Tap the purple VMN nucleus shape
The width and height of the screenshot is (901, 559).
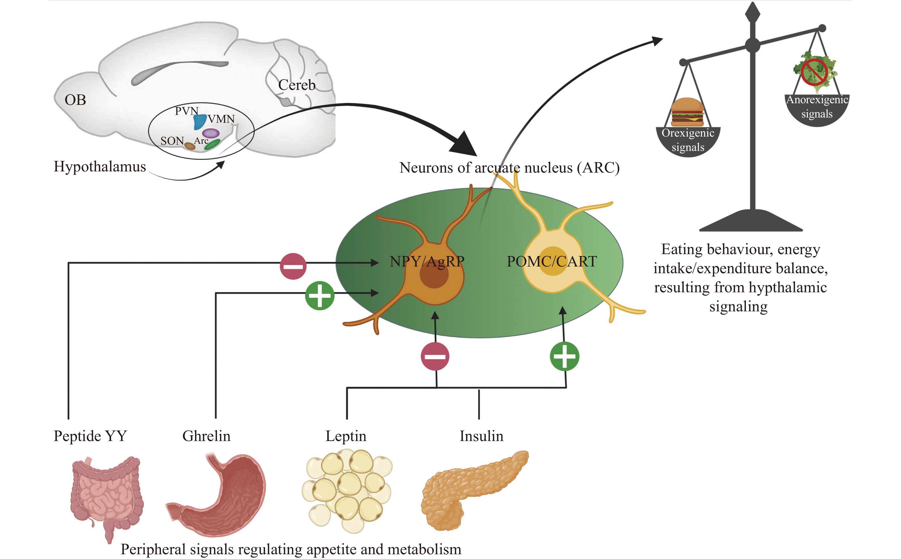pos(211,133)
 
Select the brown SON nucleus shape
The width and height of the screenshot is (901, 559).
pos(189,146)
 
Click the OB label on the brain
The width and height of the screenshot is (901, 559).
pos(75,100)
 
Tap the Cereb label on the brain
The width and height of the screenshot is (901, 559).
pos(296,85)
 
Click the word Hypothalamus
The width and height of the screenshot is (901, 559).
pos(100,167)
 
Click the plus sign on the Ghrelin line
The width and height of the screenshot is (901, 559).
pos(320,295)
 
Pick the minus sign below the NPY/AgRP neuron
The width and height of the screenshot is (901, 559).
pos(435,356)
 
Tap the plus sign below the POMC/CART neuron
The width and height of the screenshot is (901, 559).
pos(564,356)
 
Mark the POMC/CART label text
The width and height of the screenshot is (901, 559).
pos(551,262)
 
